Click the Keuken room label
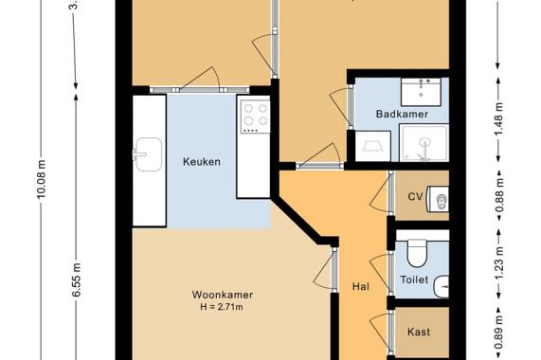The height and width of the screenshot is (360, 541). pos(201,162)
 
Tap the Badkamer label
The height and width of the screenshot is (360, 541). pos(403,114)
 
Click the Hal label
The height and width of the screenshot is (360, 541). pos(360,285)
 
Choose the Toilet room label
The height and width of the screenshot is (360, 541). pos(414,280)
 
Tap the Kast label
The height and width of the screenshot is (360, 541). pos(418,332)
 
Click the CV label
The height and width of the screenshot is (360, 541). pos(414,197)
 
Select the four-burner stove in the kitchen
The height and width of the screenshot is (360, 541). pos(253,116)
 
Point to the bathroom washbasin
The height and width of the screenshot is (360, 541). pos(420,90)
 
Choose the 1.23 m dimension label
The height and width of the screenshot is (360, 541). pos(497,266)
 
